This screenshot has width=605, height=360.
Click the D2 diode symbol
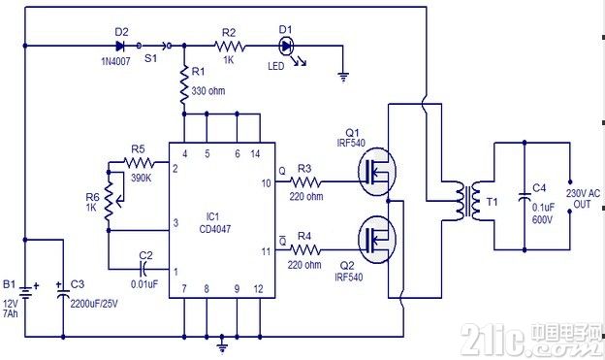tap(120, 46)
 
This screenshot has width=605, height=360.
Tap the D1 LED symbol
tap(286, 46)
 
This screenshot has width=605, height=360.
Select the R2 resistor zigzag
tap(230, 47)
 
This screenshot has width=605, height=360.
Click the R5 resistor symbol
tap(139, 163)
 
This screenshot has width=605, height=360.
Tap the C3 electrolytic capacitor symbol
tap(63, 292)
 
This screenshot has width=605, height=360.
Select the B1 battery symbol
tap(25, 293)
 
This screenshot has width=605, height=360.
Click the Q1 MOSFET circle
tap(376, 172)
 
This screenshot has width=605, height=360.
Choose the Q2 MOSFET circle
tap(376, 240)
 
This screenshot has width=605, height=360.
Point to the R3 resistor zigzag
tap(304, 181)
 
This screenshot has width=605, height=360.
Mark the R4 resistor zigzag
tap(304, 250)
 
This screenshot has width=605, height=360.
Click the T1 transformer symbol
tap(468, 201)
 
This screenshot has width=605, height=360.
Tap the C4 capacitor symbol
tap(525, 197)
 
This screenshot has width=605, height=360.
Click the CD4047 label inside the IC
tap(215, 229)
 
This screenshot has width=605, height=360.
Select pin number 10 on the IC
tap(267, 183)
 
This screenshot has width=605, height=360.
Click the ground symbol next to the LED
tap(343, 78)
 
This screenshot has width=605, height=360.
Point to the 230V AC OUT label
tap(583, 198)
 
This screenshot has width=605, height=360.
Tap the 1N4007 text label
tap(115, 61)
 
